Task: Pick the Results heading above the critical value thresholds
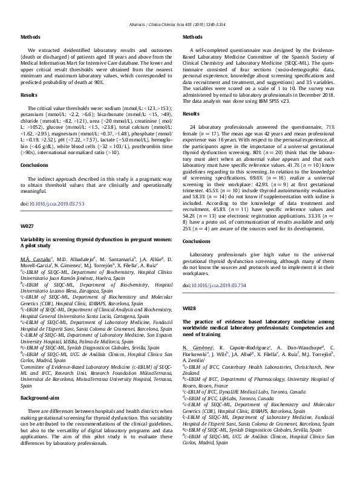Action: (30, 95)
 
